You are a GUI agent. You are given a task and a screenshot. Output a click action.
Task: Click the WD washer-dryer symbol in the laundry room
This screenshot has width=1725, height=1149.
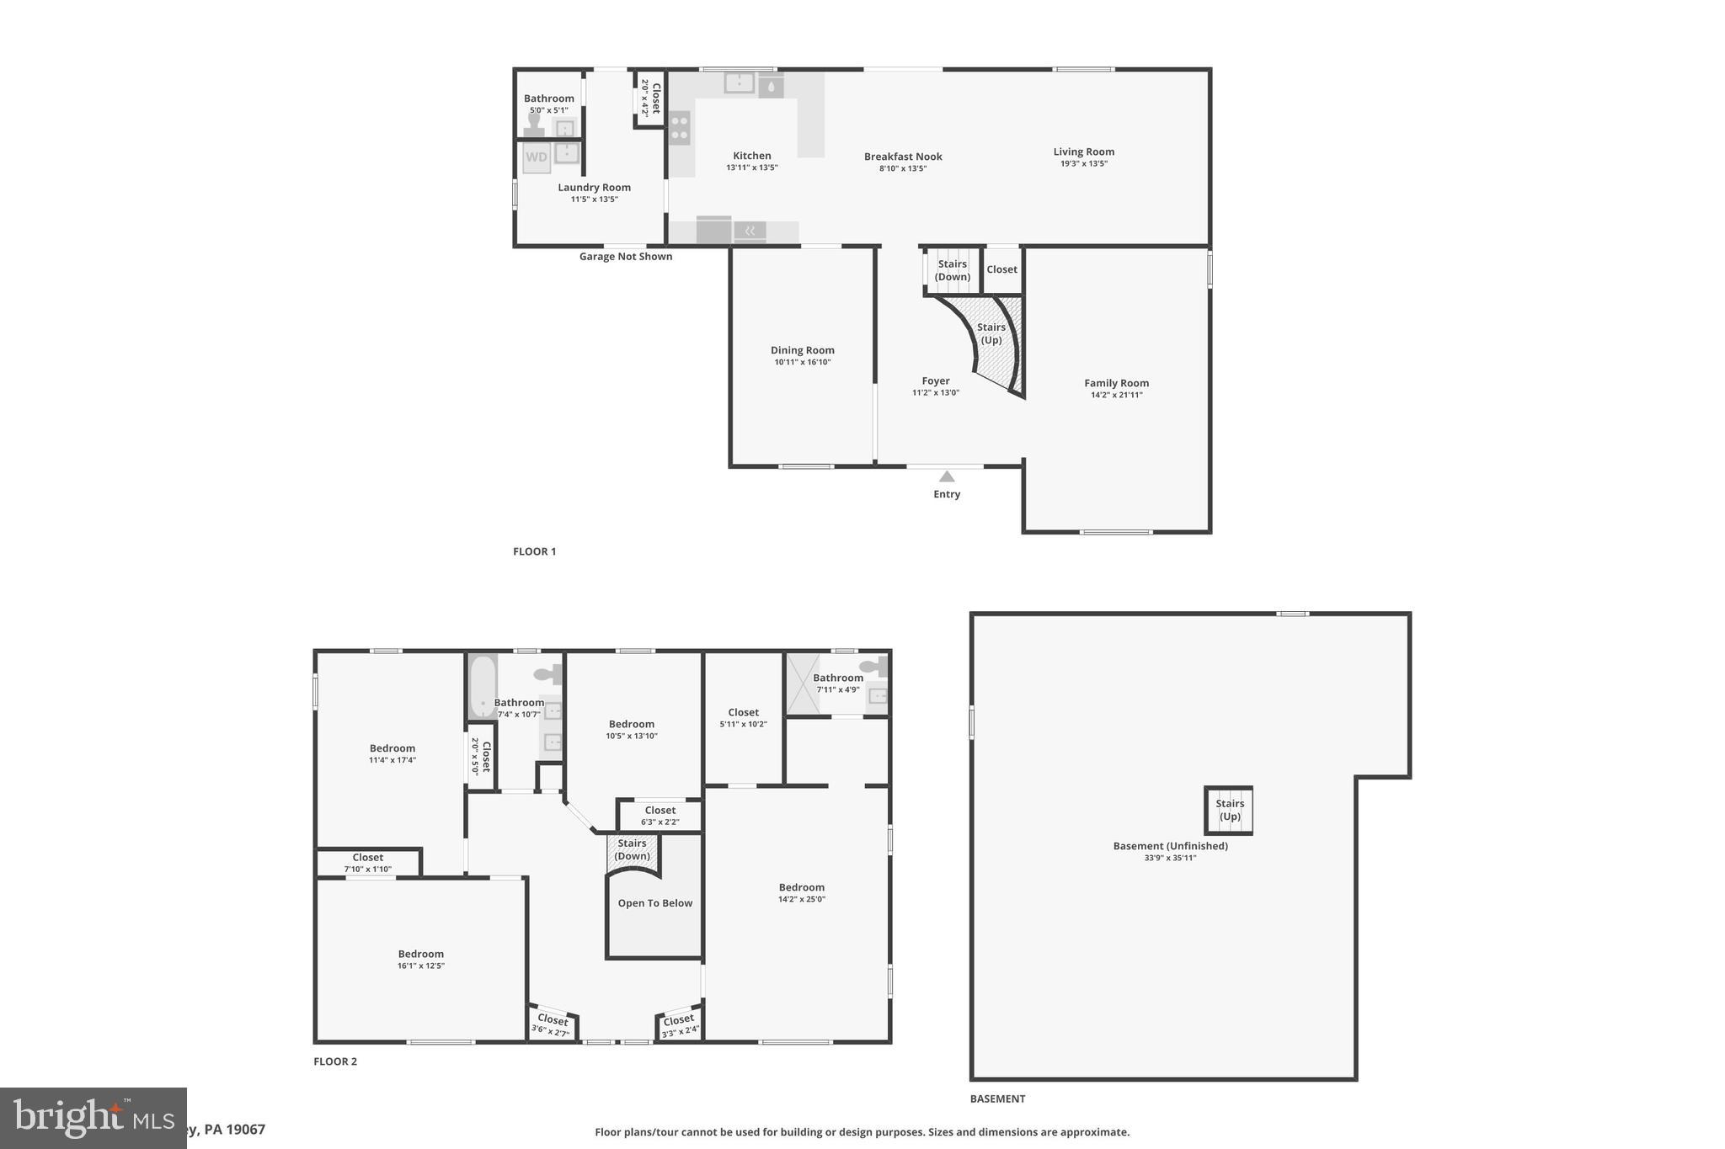click(537, 157)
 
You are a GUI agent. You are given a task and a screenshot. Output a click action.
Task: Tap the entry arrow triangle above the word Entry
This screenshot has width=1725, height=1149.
click(947, 476)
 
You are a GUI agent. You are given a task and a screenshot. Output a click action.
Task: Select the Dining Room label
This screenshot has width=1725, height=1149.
click(802, 350)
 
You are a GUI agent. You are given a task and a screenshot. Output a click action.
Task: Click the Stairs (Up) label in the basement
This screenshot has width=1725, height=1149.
click(1229, 810)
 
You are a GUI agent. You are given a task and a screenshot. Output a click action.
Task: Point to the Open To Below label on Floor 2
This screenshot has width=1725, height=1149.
click(654, 903)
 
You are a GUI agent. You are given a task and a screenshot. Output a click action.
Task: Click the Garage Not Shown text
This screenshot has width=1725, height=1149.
click(625, 257)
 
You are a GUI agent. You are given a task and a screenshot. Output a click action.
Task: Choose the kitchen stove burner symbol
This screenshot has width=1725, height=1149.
click(680, 129)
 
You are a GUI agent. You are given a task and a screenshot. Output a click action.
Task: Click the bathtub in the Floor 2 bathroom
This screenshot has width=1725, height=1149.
click(483, 687)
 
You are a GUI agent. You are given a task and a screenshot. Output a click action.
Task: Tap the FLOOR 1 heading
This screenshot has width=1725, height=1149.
click(534, 551)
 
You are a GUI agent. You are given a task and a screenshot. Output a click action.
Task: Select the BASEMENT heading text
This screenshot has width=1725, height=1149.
click(997, 1098)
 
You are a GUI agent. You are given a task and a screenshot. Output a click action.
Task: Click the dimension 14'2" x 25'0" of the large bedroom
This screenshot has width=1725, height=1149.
click(801, 899)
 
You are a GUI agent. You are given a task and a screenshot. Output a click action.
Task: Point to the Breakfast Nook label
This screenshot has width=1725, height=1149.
click(903, 157)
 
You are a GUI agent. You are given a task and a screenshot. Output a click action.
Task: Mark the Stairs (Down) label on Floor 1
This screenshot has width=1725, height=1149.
click(952, 270)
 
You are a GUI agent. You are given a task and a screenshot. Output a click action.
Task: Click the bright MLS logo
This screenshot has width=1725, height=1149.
click(93, 1118)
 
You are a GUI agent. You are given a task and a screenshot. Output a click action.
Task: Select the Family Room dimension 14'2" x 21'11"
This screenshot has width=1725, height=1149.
click(1116, 395)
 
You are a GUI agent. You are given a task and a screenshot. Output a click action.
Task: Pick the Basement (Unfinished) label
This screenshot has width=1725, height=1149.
click(1170, 846)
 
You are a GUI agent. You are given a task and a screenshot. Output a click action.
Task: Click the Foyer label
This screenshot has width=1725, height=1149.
click(935, 380)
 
